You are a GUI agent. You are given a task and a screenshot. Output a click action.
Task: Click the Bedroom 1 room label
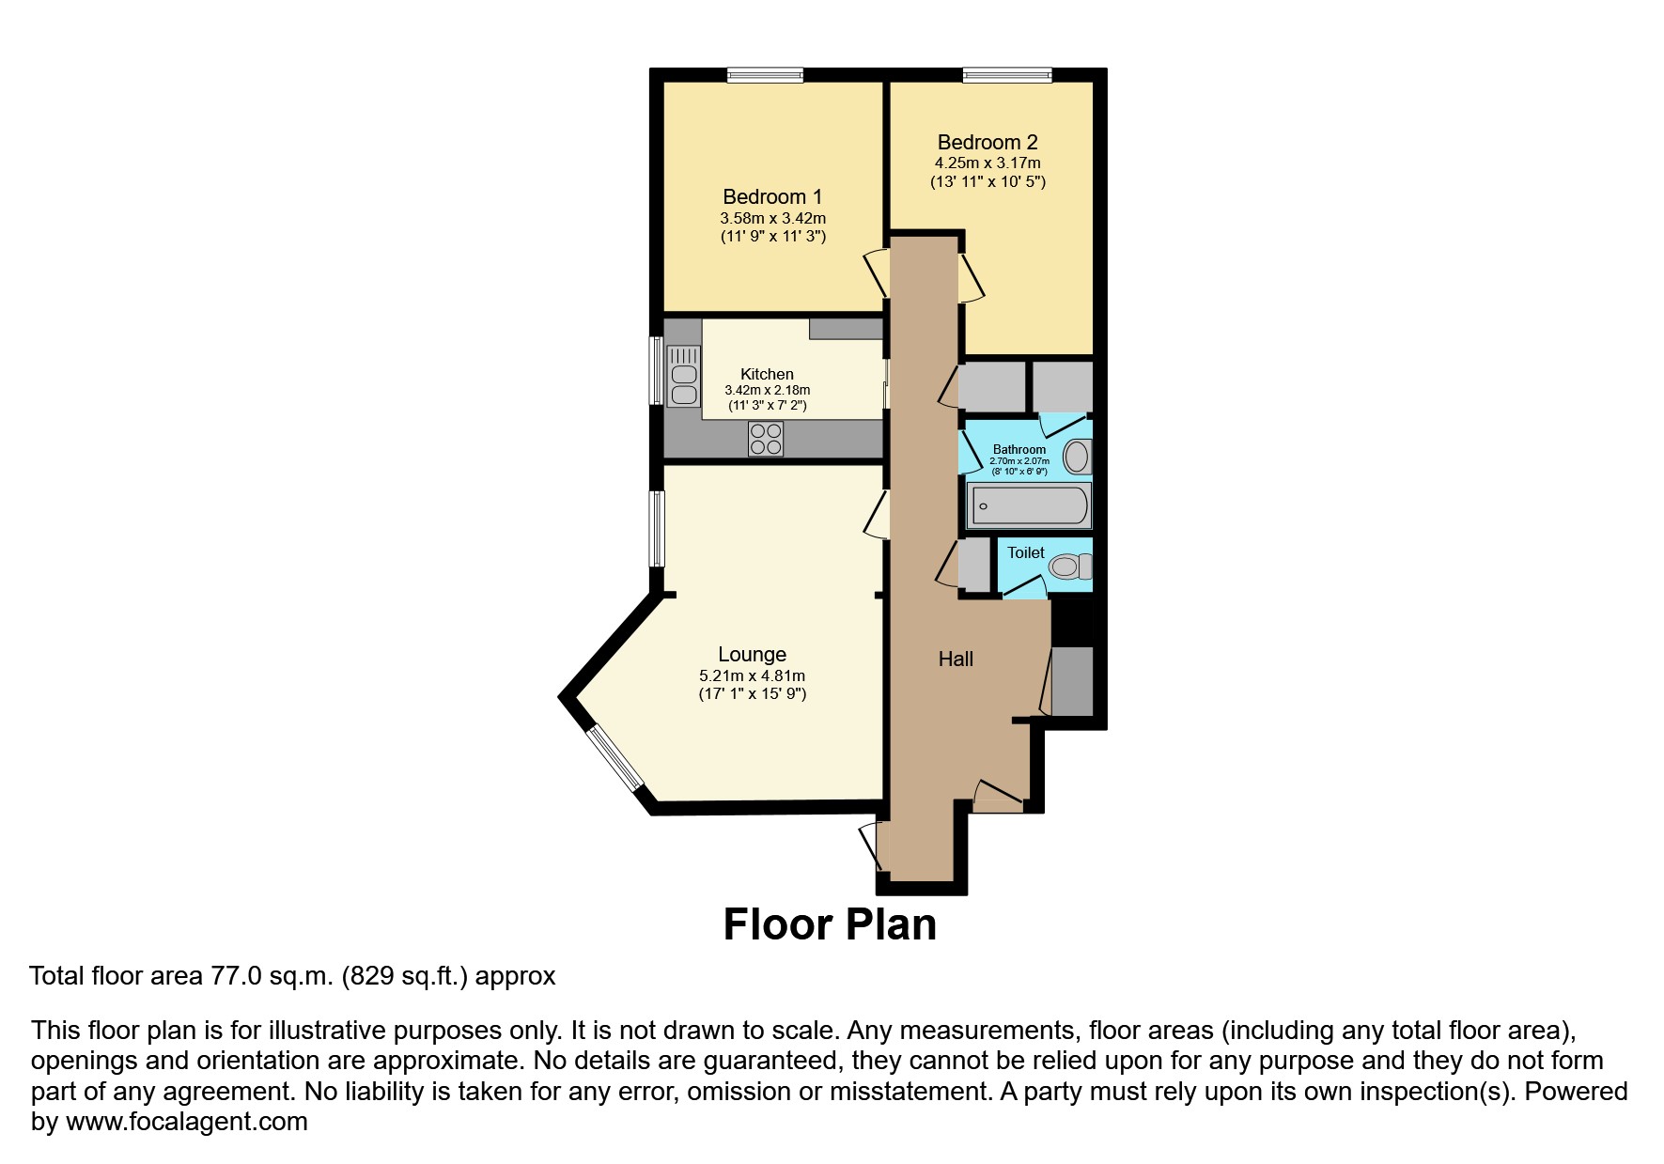coord(771,196)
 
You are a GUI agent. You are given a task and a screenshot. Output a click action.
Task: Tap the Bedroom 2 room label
coord(988,143)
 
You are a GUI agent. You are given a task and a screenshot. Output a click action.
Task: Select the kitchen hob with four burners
coord(766,439)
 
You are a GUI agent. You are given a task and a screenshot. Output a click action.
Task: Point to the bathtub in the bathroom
coord(1029,506)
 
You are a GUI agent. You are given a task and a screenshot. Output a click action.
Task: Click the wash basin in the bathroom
coord(1077,458)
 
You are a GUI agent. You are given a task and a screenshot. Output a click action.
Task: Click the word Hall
coord(956,660)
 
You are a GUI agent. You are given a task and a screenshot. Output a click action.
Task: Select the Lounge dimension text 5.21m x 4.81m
coord(752,675)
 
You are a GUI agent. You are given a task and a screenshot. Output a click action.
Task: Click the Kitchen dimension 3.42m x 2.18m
coord(767,390)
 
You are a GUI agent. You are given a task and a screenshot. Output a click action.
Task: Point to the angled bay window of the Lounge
coord(615,758)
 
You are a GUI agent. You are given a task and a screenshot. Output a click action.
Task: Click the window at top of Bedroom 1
coord(764,76)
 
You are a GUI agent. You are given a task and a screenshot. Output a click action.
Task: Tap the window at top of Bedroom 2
coord(1006,76)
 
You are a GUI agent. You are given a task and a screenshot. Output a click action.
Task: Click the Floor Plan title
coord(830,924)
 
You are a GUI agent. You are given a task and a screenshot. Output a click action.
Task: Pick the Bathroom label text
coord(1019,450)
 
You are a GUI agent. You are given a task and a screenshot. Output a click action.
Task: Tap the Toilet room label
coord(1025,552)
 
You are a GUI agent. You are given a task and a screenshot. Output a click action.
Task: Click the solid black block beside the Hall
coord(1072,622)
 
